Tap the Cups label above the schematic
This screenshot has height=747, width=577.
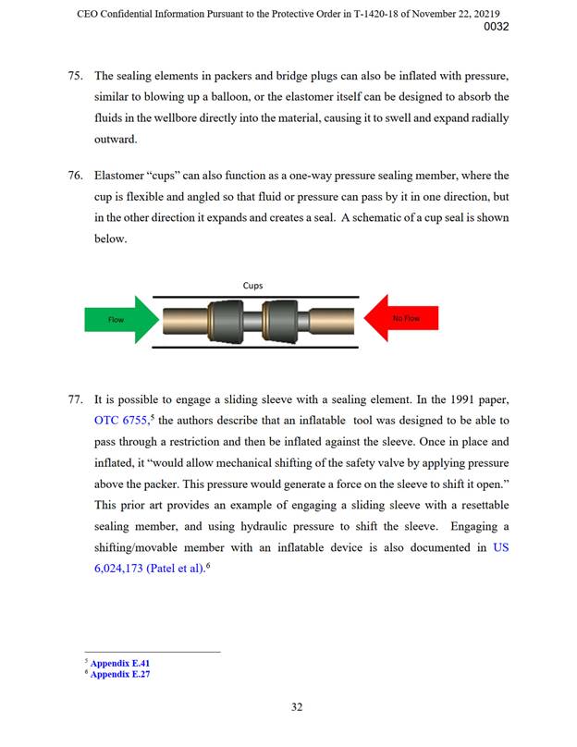point(252,287)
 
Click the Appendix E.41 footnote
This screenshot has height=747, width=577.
point(119,663)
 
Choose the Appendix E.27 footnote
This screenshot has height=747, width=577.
point(119,675)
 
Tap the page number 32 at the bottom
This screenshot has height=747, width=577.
point(297,707)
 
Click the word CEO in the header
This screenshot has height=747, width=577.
point(89,12)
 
